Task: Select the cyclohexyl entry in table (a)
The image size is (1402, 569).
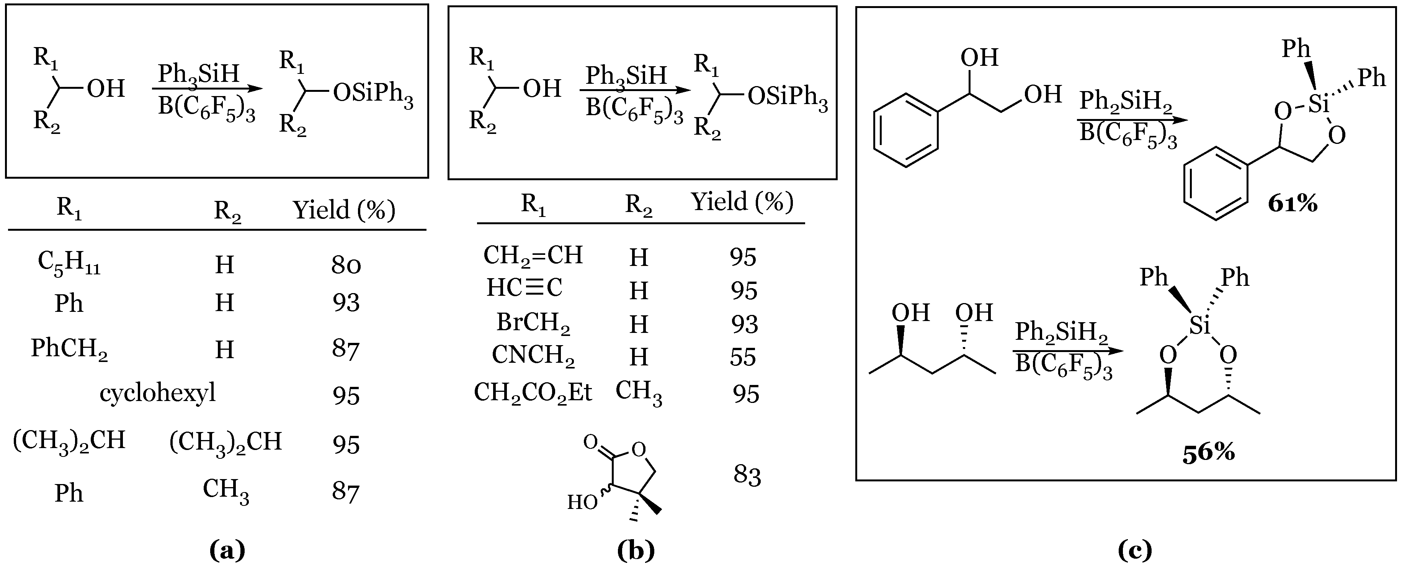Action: point(157,393)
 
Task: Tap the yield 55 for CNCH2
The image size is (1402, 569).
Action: point(743,357)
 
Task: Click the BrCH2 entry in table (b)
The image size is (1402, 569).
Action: point(533,323)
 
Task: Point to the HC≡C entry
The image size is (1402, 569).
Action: point(524,288)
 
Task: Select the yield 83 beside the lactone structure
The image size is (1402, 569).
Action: point(747,475)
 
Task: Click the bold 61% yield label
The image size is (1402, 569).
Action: point(1293,204)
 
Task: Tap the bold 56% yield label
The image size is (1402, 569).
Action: point(1208,453)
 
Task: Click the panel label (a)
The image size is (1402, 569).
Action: point(227,551)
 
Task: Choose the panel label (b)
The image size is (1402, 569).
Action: point(636,551)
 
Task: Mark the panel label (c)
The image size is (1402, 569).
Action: point(1135,551)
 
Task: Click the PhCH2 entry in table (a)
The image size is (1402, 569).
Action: point(69,349)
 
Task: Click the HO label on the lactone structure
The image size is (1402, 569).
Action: point(582,502)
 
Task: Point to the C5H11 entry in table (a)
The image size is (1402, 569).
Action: point(69,263)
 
